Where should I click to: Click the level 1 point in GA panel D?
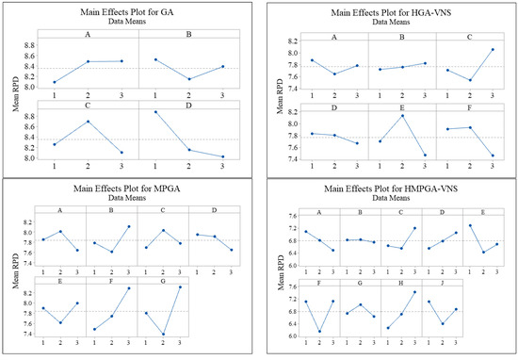pos(155,112)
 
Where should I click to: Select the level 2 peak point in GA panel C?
pos(88,121)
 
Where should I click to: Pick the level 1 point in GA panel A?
pos(54,82)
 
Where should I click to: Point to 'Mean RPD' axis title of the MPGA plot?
pos(12,283)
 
